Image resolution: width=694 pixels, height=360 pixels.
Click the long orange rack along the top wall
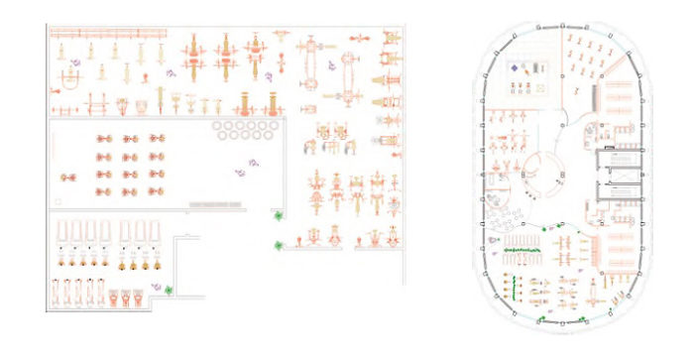click(94, 34)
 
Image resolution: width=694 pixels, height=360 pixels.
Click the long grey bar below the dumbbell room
click(215, 203)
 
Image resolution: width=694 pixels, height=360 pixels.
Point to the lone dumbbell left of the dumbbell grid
click(68, 178)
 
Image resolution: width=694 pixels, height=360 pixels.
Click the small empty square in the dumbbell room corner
click(61, 201)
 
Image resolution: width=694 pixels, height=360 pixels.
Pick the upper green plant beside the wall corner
click(279, 217)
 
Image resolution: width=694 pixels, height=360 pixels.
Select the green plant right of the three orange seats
click(170, 290)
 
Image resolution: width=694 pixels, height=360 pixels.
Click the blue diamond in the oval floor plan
click(515, 69)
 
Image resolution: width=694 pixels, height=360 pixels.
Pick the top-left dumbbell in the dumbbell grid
click(103, 139)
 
